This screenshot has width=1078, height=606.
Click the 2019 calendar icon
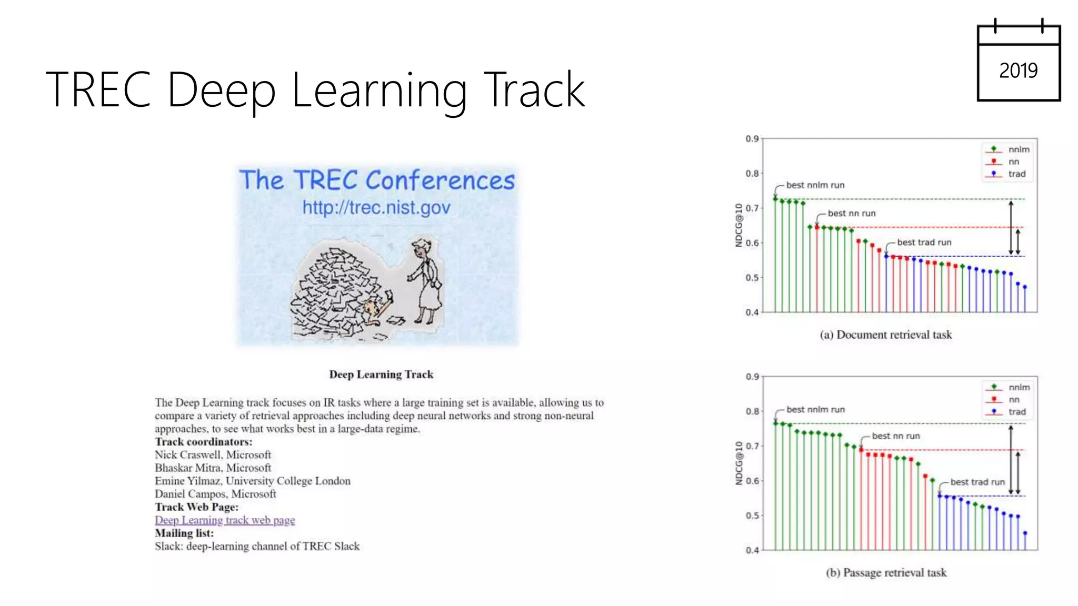tap(1019, 63)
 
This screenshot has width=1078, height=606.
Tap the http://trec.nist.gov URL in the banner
tap(376, 208)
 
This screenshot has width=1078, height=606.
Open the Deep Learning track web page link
tap(225, 520)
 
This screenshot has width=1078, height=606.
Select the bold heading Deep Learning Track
tap(381, 375)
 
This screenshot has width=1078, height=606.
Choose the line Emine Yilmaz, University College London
tap(252, 481)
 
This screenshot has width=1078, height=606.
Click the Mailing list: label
tap(184, 533)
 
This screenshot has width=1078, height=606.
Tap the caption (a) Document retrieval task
tap(885, 335)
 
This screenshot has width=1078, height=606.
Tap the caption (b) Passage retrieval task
tap(885, 573)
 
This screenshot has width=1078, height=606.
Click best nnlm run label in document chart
tap(815, 185)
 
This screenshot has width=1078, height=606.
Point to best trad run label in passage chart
tap(977, 482)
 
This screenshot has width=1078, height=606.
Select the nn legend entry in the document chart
tap(1013, 162)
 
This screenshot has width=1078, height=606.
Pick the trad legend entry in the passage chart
tap(1016, 412)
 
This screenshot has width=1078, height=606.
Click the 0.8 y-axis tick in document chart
tap(752, 174)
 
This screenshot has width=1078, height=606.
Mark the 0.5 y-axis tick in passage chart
tap(752, 516)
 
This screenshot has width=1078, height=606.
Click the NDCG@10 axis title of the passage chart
tap(739, 463)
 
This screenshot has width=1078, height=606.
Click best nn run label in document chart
tap(851, 214)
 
